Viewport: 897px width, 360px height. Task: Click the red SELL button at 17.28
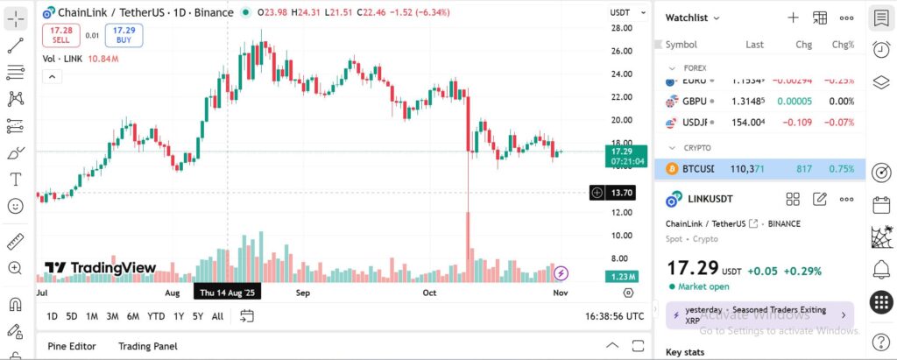tap(61, 35)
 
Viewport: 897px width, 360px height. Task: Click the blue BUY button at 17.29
tap(124, 35)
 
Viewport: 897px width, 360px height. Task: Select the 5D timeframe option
tap(72, 316)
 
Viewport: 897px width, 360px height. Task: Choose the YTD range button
tap(156, 316)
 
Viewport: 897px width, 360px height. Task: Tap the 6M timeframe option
tap(133, 316)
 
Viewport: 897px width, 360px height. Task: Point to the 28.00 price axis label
tap(622, 28)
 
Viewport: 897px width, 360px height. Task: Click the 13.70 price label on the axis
tap(622, 192)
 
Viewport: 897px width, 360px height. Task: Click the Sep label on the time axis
tap(303, 293)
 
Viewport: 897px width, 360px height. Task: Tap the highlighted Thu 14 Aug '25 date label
tap(227, 293)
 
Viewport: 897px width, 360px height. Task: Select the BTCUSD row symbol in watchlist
tap(697, 168)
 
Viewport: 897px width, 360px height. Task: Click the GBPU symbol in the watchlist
tap(695, 101)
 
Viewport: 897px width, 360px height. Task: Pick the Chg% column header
tap(843, 44)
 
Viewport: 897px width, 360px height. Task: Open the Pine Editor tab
tap(71, 346)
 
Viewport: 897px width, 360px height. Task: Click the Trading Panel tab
tap(148, 346)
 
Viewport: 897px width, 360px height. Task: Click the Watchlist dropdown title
tap(693, 18)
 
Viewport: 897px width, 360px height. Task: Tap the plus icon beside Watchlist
tap(793, 18)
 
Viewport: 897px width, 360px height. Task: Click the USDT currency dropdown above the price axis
tap(620, 12)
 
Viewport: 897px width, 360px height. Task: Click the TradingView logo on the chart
tap(101, 268)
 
